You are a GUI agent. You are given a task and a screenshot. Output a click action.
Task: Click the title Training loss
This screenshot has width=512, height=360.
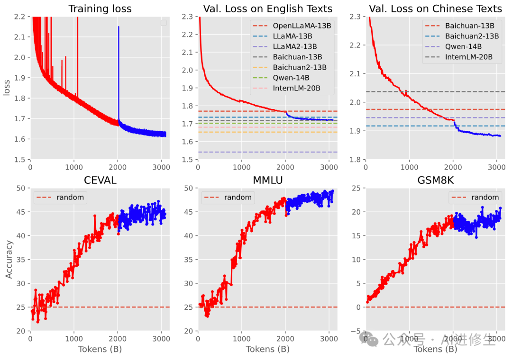click(100, 9)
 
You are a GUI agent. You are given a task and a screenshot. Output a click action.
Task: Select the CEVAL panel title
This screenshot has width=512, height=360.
click(100, 180)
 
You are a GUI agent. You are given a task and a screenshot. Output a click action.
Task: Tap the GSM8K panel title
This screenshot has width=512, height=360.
click(435, 180)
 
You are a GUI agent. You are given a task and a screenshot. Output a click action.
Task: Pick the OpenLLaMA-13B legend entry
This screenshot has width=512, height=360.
click(302, 26)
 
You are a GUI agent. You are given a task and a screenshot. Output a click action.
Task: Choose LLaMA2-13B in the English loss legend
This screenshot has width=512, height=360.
click(295, 46)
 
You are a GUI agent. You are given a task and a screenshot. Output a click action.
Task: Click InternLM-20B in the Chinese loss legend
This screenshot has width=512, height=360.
click(469, 57)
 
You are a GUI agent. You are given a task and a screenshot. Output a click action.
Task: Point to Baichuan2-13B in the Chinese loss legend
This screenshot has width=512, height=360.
click(472, 36)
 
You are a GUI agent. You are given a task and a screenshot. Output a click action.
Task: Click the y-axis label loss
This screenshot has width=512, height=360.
click(7, 88)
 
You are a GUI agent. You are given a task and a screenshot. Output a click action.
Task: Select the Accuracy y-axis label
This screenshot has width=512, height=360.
click(9, 260)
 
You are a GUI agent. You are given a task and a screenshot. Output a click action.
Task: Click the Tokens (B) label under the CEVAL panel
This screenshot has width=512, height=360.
click(100, 349)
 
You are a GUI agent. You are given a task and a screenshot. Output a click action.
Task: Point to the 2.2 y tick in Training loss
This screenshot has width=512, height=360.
click(20, 17)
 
